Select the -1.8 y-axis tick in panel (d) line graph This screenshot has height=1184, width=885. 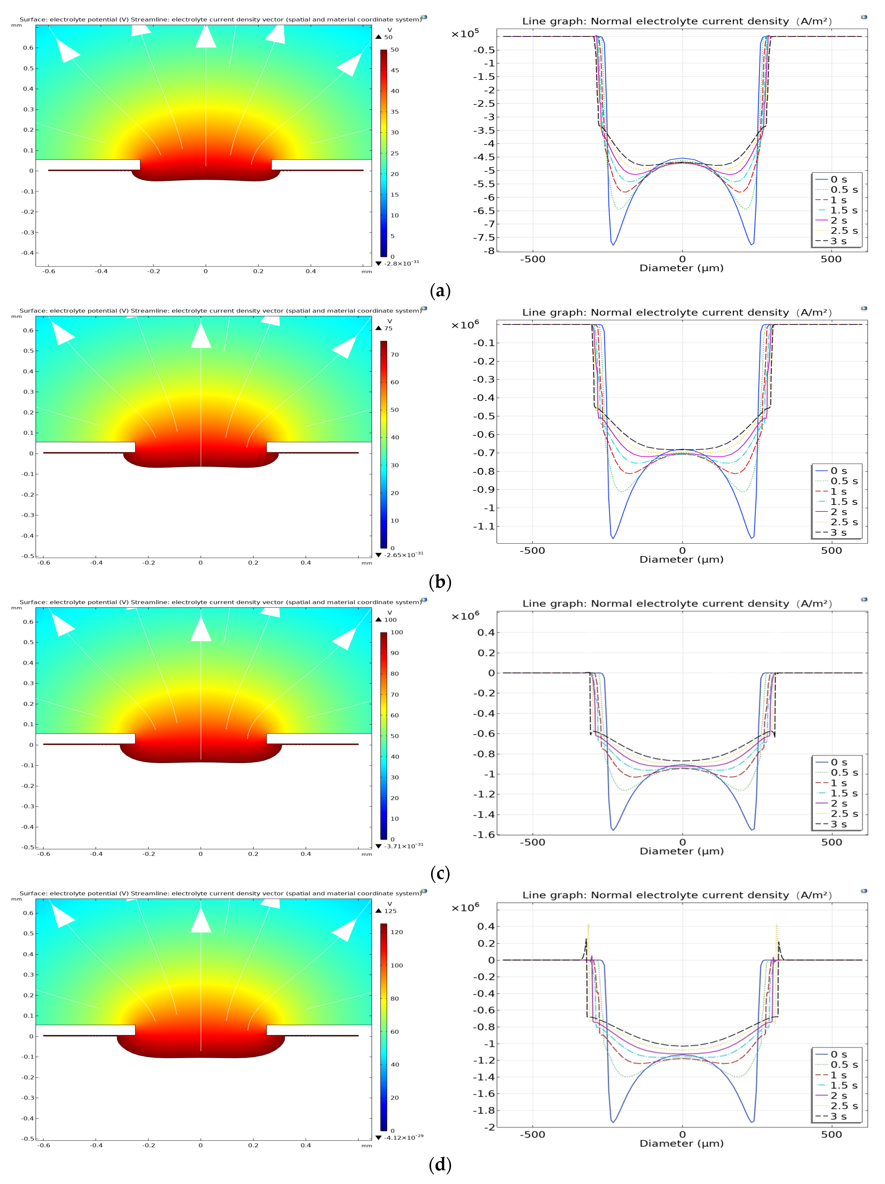point(484,1110)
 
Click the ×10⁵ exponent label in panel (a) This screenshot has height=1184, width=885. point(465,34)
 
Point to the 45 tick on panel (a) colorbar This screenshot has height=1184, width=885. point(395,70)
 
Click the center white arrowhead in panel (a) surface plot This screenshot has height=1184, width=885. point(206,38)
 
